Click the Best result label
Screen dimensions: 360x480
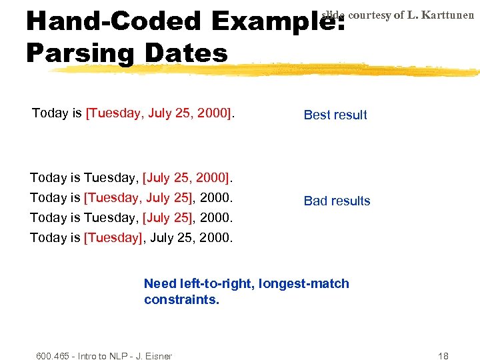(335, 115)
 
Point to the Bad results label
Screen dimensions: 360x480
(337, 201)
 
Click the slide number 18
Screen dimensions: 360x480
(443, 356)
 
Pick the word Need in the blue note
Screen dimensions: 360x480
(158, 283)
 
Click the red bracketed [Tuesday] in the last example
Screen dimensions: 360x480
(113, 237)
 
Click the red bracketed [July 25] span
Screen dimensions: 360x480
(167, 217)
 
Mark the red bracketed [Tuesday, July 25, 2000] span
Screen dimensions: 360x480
(159, 113)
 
